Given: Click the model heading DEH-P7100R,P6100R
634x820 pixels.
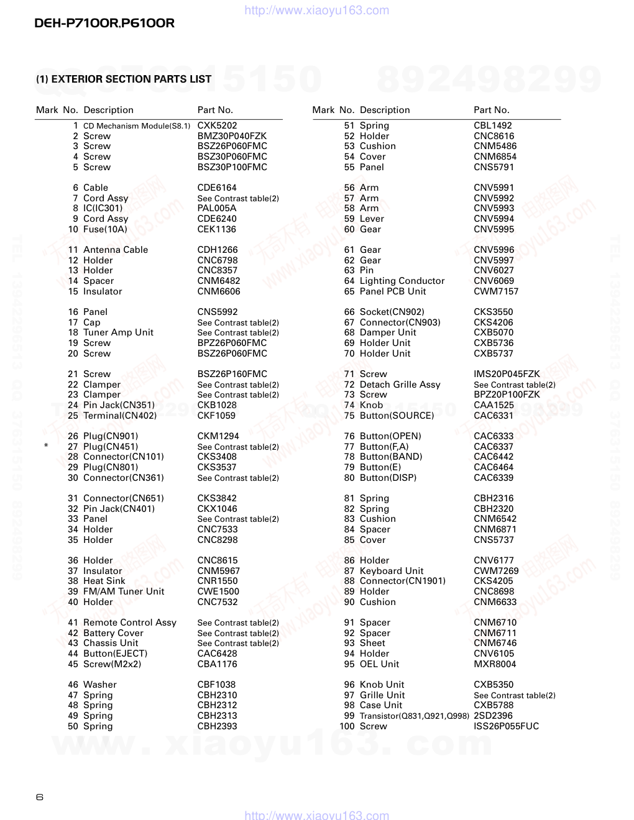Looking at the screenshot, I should pos(104,24).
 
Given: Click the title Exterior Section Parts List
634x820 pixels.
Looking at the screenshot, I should pos(124,79).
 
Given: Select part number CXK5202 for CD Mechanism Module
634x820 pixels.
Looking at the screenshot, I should pos(217,125).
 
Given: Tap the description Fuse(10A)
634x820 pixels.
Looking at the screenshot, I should pos(105,229).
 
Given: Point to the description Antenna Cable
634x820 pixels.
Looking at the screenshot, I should pos(116,250).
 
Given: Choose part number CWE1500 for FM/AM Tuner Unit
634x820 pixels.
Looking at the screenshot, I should pos(218,591).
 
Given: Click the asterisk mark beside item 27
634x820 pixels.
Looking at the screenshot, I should pos(46,447).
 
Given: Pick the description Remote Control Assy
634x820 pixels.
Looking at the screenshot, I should pos(130,622).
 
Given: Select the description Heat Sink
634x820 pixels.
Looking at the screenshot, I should pos(104,581).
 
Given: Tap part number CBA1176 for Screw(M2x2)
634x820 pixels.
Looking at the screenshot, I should pos(217,664).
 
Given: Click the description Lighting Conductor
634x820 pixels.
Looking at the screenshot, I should pos(402,281).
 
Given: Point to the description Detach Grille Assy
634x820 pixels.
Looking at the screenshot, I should pos(400,385).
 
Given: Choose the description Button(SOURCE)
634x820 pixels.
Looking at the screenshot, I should pos(397,416).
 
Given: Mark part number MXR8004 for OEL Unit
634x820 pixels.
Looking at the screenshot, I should pos(495,664).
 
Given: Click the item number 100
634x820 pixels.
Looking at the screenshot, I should pos(347,726).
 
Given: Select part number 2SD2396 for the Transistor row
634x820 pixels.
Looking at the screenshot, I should pos(493,716).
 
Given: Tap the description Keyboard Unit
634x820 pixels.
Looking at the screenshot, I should pos(392,571).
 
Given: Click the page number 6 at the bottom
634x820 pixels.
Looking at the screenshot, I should pos(40,797).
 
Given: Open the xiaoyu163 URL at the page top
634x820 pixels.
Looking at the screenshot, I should pos(317,11).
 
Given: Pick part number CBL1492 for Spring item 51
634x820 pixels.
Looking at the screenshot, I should pos(493,125).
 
